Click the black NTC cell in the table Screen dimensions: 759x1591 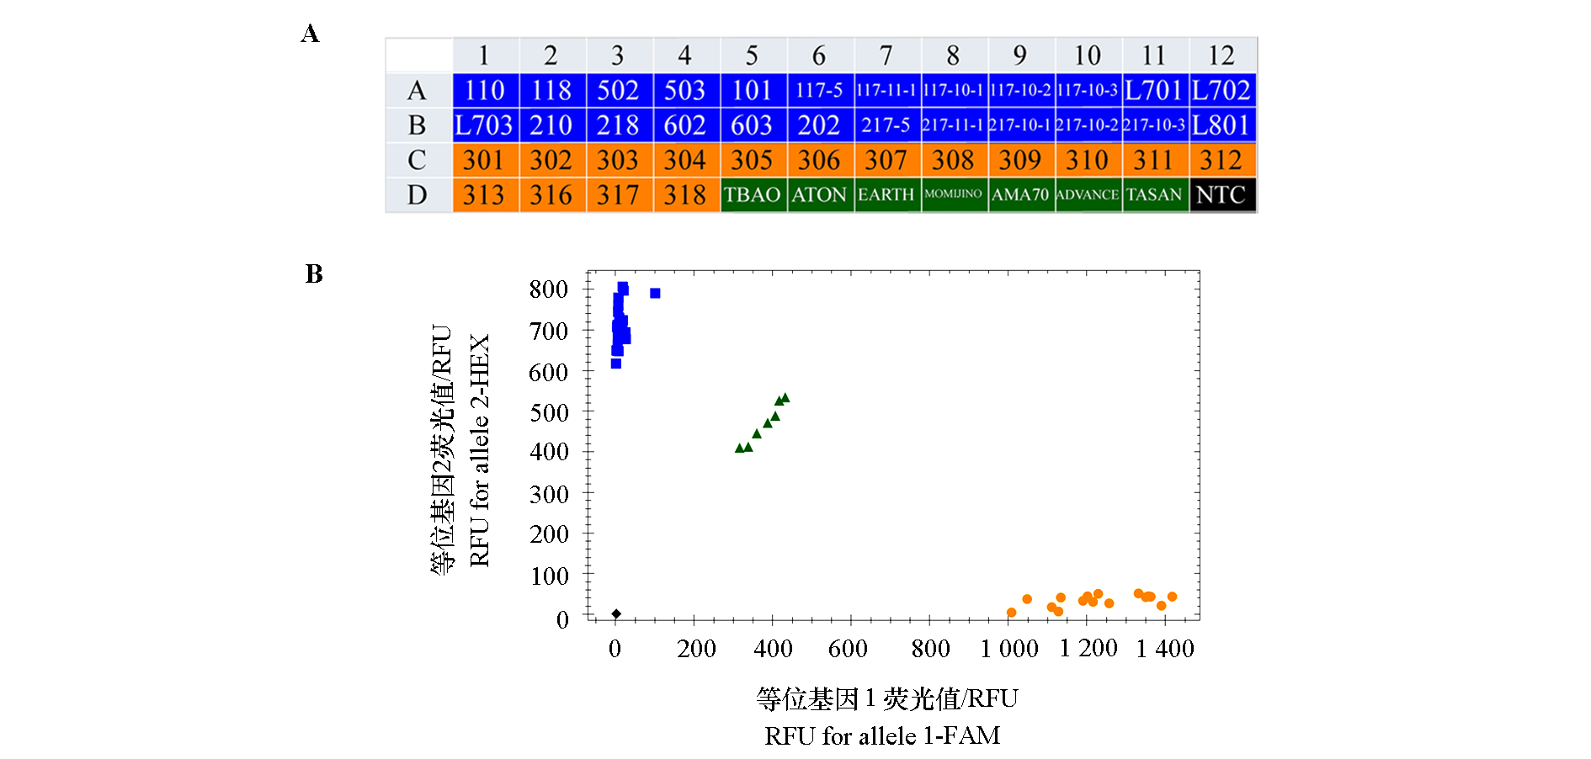pyautogui.click(x=1221, y=195)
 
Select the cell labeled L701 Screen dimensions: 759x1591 pyautogui.click(x=1154, y=90)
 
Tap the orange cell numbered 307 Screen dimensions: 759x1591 pyautogui.click(x=886, y=160)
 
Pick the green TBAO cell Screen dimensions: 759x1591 pyautogui.click(x=753, y=195)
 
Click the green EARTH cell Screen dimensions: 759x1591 pyautogui.click(x=886, y=195)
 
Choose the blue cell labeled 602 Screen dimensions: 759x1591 pyautogui.click(x=685, y=125)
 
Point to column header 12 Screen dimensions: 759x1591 pyautogui.click(x=1221, y=56)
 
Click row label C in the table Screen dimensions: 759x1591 pyautogui.click(x=417, y=160)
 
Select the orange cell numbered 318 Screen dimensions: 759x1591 pyautogui.click(x=685, y=195)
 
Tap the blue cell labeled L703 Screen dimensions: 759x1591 pyautogui.click(x=484, y=125)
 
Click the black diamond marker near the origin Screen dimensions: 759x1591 pyautogui.click(x=616, y=614)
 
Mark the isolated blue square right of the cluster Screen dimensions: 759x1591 pyautogui.click(x=655, y=294)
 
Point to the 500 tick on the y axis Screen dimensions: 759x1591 pyautogui.click(x=549, y=412)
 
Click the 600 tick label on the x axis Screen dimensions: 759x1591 pyautogui.click(x=848, y=649)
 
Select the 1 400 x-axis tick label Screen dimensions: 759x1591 pyautogui.click(x=1165, y=649)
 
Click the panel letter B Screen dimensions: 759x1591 pyautogui.click(x=314, y=274)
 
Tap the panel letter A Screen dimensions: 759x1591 pyautogui.click(x=311, y=34)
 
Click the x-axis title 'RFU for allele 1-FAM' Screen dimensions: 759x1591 pyautogui.click(x=882, y=736)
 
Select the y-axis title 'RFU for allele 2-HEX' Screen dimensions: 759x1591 pyautogui.click(x=479, y=451)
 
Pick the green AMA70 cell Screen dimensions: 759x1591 pyautogui.click(x=1020, y=195)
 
